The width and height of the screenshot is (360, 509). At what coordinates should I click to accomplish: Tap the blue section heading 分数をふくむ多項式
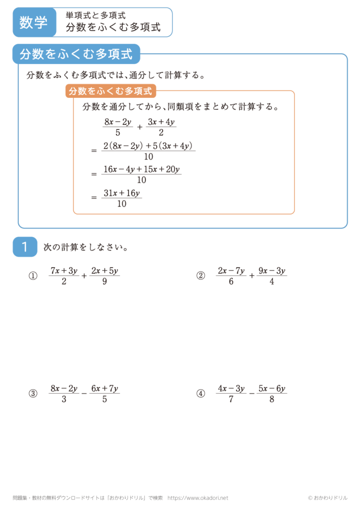(77, 55)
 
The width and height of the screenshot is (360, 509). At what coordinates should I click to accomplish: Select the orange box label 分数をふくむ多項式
(110, 91)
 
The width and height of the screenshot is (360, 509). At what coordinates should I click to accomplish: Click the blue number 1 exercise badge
(25, 247)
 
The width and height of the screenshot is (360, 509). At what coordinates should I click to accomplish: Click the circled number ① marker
(33, 276)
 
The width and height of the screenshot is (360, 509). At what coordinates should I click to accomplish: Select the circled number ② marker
(201, 276)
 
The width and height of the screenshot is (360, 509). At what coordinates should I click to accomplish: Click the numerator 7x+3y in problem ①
(64, 270)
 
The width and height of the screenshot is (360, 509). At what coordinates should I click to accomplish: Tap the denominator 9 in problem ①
(103, 282)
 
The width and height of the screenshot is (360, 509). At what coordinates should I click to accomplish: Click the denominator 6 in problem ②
(231, 282)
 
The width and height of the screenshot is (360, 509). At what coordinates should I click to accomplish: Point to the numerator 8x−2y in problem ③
(64, 388)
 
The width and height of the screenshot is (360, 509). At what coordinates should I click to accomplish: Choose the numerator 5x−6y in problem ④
(271, 388)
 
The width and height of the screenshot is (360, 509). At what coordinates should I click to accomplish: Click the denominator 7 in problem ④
(231, 400)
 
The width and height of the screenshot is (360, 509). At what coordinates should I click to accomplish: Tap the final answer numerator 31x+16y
(121, 192)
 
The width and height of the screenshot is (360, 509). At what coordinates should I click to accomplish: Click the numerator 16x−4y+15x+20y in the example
(141, 170)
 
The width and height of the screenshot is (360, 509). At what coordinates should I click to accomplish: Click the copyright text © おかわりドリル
(328, 498)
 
